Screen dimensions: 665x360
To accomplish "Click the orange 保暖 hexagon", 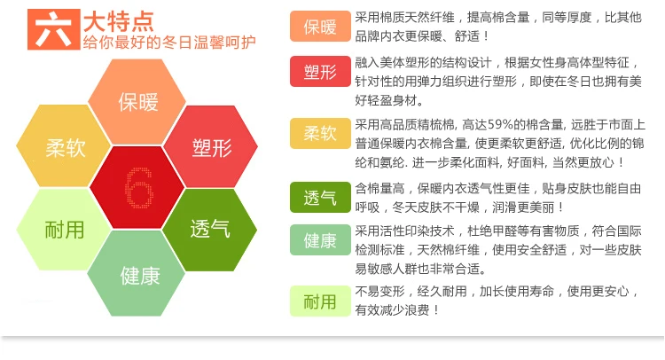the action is (137, 102).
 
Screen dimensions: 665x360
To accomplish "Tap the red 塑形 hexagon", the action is (211, 146).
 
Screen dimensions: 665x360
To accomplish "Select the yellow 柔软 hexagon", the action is (64, 145).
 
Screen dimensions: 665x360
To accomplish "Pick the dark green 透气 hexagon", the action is (210, 230).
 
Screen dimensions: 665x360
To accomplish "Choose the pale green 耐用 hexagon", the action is (64, 230).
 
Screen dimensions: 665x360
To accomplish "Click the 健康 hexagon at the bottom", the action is (137, 273).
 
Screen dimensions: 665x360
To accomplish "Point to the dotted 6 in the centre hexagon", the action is (139, 188).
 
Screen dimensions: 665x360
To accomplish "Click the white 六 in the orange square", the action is (53, 29).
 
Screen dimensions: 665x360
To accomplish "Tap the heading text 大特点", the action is (119, 21).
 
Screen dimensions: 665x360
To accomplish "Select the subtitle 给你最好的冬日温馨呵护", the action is (169, 43).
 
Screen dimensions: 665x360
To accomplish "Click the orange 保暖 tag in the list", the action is (320, 27).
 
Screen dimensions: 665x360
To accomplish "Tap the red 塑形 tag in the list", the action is (320, 71).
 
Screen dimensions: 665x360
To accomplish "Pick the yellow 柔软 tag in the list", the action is (320, 133).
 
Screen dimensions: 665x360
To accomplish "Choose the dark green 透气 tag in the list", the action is (320, 197).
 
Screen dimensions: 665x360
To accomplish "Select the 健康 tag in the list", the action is (320, 240).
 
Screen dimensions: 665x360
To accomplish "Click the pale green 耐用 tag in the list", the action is (320, 301).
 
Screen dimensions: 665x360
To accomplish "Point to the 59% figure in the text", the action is (500, 125).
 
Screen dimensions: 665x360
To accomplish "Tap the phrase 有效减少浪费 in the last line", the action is (392, 310).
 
